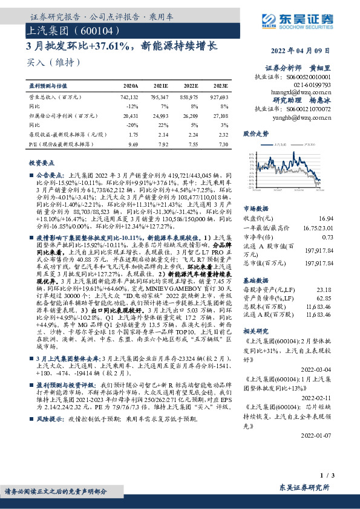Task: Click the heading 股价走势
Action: tap(255, 132)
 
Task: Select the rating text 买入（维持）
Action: tap(54, 62)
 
